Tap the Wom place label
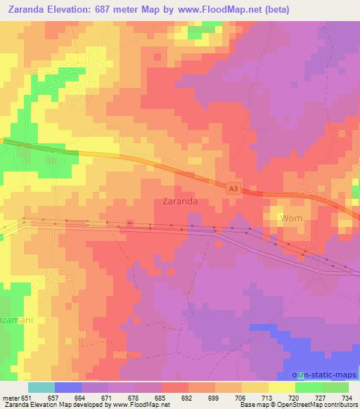[x=291, y=219]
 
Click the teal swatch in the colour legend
[x=41, y=387]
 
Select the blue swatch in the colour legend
[x=67, y=387]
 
